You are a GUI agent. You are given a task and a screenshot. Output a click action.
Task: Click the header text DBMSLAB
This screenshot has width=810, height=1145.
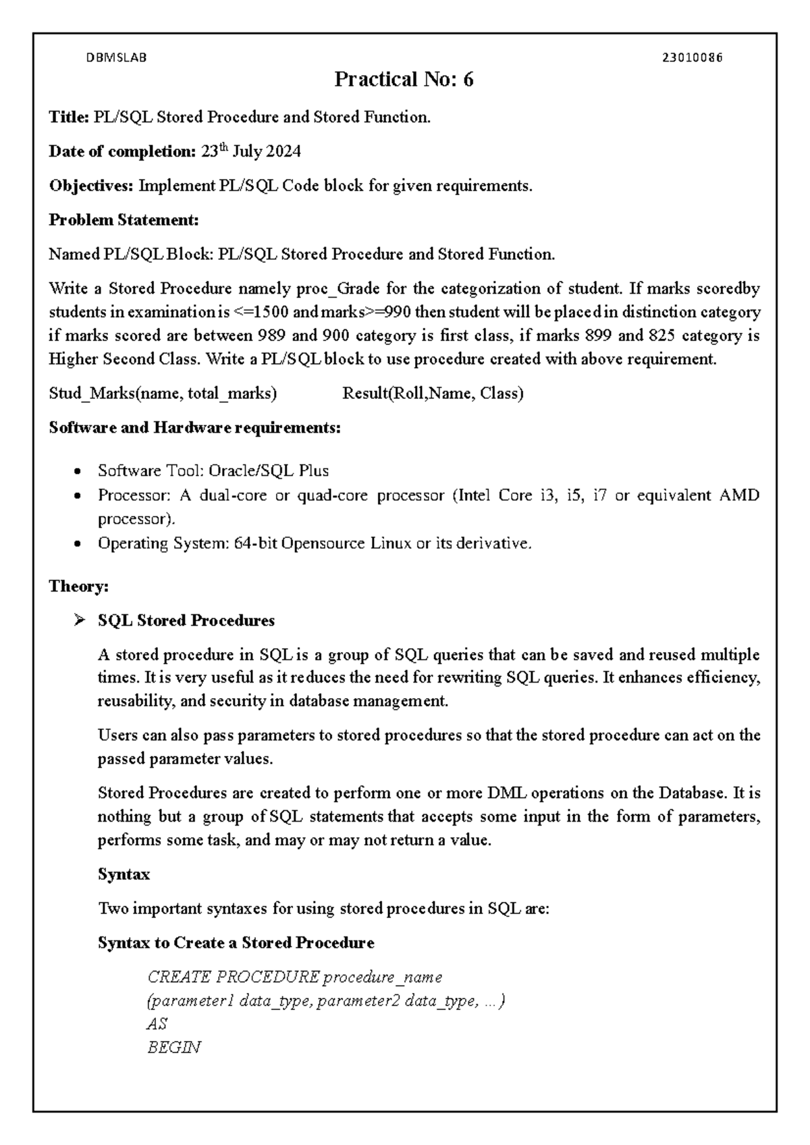[x=116, y=58]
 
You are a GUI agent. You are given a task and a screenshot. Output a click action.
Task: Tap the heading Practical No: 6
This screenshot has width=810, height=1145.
[x=404, y=80]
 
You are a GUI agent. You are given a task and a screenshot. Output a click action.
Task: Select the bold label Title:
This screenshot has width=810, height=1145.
[x=68, y=117]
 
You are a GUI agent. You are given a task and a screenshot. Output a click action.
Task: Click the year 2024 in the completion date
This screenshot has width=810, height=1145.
[x=283, y=152]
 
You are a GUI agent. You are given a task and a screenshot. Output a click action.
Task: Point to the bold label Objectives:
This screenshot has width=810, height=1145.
[x=91, y=186]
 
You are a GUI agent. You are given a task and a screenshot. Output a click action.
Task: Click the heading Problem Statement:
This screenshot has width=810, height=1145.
[x=124, y=220]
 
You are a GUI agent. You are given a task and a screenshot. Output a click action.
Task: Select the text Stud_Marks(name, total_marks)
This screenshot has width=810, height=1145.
[x=163, y=394]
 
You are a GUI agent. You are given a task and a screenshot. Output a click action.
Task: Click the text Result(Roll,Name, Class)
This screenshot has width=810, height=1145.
[x=433, y=394]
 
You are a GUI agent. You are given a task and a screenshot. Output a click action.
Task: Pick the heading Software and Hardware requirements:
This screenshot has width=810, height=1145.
[x=194, y=428]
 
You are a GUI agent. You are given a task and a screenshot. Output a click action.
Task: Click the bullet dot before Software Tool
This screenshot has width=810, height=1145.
[x=80, y=471]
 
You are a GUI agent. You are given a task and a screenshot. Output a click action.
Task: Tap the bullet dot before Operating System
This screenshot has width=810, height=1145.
[x=80, y=543]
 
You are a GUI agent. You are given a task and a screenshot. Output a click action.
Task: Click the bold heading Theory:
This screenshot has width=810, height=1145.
[x=78, y=586]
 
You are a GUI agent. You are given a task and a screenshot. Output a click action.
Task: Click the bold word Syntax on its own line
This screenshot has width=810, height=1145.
[x=124, y=874]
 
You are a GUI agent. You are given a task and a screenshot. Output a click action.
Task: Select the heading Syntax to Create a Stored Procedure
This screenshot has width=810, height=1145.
[x=236, y=942]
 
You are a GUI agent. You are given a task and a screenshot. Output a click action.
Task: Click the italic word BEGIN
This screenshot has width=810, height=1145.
[x=173, y=1048]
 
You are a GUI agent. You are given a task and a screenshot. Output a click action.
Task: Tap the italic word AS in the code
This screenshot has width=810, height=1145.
[x=157, y=1024]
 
